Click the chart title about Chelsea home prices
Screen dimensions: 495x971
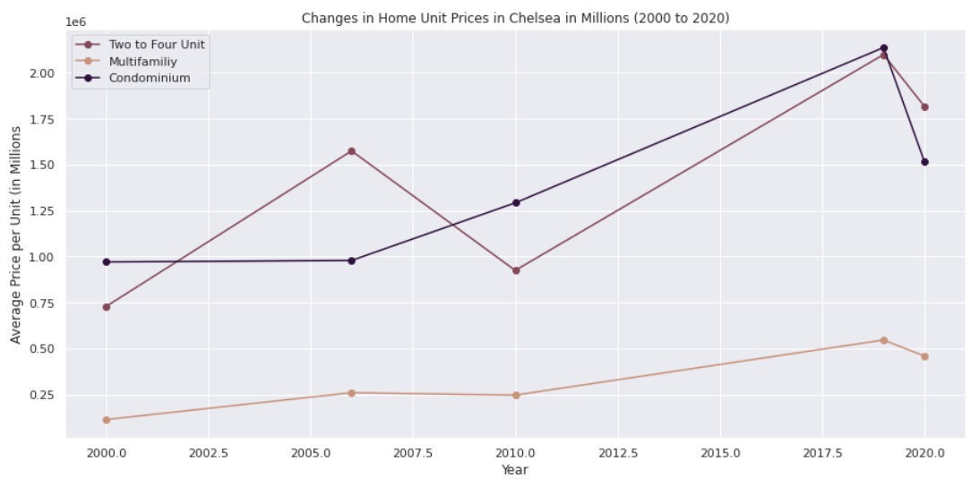[x=516, y=18]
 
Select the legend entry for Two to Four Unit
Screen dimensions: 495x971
[x=157, y=45]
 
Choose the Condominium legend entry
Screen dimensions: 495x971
[x=149, y=79]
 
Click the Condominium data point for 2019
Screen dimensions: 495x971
[x=883, y=48]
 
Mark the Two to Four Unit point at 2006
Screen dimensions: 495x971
[x=351, y=151]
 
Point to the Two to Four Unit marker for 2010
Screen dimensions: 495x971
[x=516, y=270]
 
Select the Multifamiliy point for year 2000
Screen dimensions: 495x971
[x=107, y=420]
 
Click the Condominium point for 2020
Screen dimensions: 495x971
[x=924, y=162]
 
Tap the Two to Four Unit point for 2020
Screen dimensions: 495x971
[x=924, y=107]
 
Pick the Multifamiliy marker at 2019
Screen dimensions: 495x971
[x=883, y=340]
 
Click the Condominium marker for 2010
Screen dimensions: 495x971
[x=516, y=202]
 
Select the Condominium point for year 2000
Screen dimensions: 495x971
[x=107, y=262]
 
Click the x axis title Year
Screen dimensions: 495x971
[x=515, y=470]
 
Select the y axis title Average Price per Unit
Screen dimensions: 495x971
[x=16, y=235]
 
